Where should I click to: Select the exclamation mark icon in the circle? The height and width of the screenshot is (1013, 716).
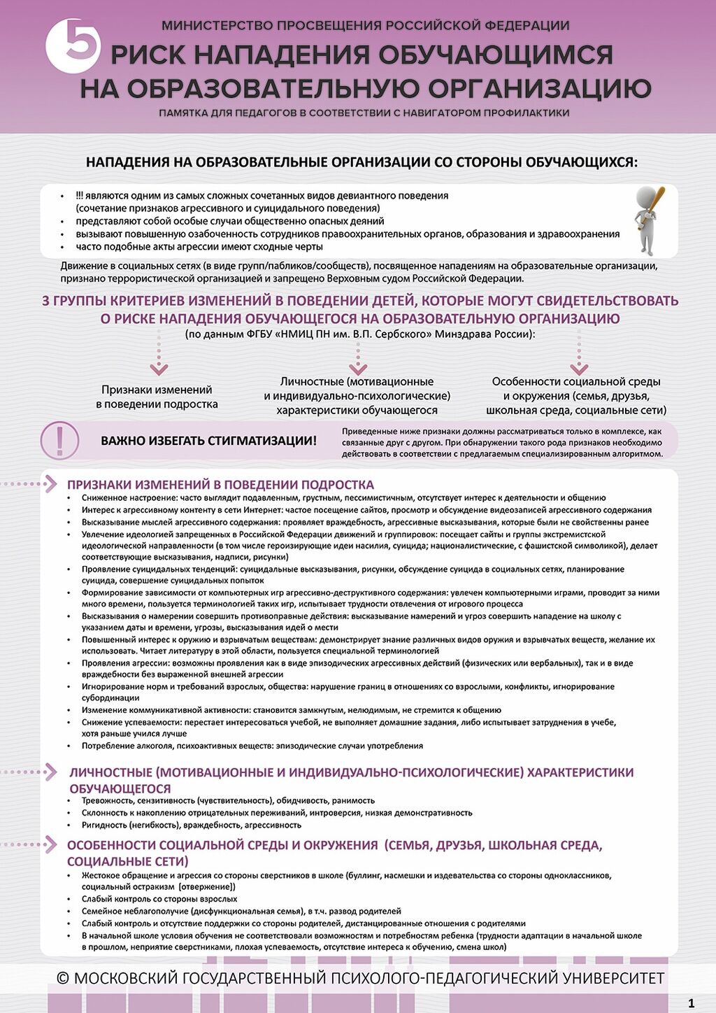(x=59, y=440)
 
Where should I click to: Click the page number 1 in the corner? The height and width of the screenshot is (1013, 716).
(x=692, y=1003)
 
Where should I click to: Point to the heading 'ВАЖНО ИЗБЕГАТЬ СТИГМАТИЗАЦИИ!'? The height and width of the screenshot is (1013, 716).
(x=208, y=441)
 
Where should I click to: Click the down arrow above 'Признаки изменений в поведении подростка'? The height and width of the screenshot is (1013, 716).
(x=159, y=367)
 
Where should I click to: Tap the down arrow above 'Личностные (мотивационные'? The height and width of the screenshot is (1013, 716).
(x=358, y=366)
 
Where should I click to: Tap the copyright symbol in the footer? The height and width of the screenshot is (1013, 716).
(x=63, y=977)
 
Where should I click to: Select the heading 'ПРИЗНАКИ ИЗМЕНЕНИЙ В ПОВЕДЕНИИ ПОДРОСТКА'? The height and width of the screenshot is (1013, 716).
(x=220, y=484)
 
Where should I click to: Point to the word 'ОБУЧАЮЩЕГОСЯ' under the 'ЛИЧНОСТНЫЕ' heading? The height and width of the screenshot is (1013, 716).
(x=120, y=788)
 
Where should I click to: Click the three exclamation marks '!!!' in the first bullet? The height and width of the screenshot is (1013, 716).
(x=80, y=196)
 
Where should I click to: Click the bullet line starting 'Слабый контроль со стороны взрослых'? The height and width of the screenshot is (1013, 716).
(x=159, y=899)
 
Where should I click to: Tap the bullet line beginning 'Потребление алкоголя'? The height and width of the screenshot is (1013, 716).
(x=252, y=746)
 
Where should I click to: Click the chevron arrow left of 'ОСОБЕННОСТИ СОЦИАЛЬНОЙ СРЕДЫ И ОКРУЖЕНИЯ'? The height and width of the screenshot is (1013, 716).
(x=50, y=844)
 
